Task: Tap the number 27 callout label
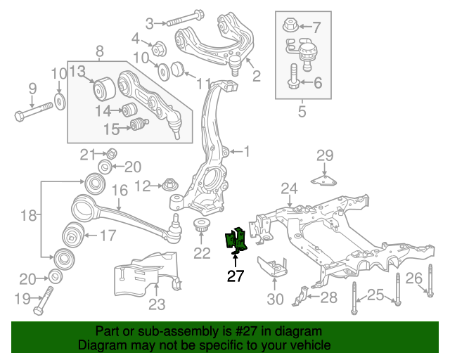tap(235, 276)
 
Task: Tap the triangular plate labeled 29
tap(324, 181)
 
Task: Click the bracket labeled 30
tap(274, 268)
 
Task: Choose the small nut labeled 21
tap(110, 154)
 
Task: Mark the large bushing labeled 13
tap(105, 91)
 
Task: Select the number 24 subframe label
tap(289, 188)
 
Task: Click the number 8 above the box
tap(99, 51)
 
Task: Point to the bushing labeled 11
tap(177, 70)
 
